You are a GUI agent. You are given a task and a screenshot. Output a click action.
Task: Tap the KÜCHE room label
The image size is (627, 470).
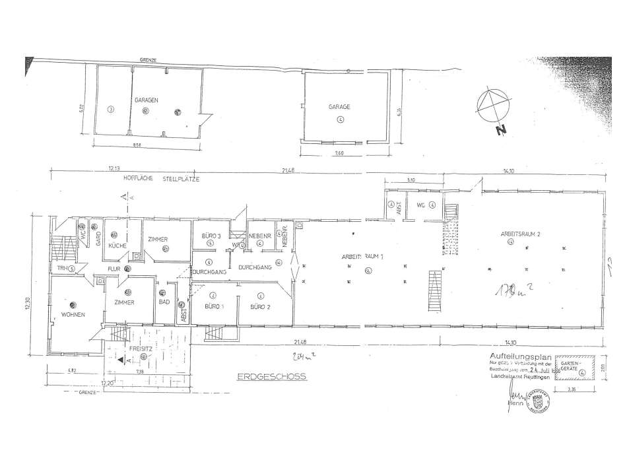(x=117, y=245)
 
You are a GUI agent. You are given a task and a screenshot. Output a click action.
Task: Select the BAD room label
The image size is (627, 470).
(x=164, y=301)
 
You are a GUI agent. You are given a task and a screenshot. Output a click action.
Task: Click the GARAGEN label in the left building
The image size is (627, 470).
(x=146, y=100)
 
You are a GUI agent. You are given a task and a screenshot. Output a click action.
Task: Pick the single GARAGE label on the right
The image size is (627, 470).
(x=339, y=106)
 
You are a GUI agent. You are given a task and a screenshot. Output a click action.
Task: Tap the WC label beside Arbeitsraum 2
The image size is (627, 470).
(x=418, y=205)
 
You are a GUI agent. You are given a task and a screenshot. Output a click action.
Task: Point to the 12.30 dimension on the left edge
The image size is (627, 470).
(x=27, y=304)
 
